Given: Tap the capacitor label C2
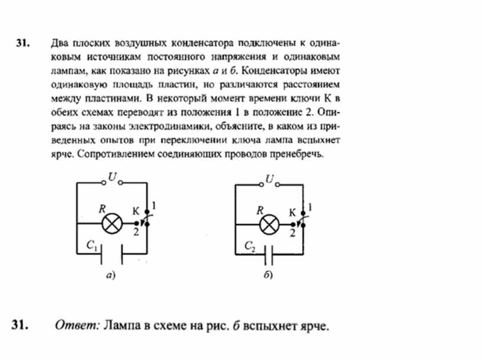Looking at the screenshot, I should click(250, 247).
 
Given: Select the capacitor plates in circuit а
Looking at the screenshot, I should click(110, 255).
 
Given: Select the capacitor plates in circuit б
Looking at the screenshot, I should click(269, 255).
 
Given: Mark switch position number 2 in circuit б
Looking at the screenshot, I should click(292, 232).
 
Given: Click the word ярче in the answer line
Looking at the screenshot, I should click(310, 326).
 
